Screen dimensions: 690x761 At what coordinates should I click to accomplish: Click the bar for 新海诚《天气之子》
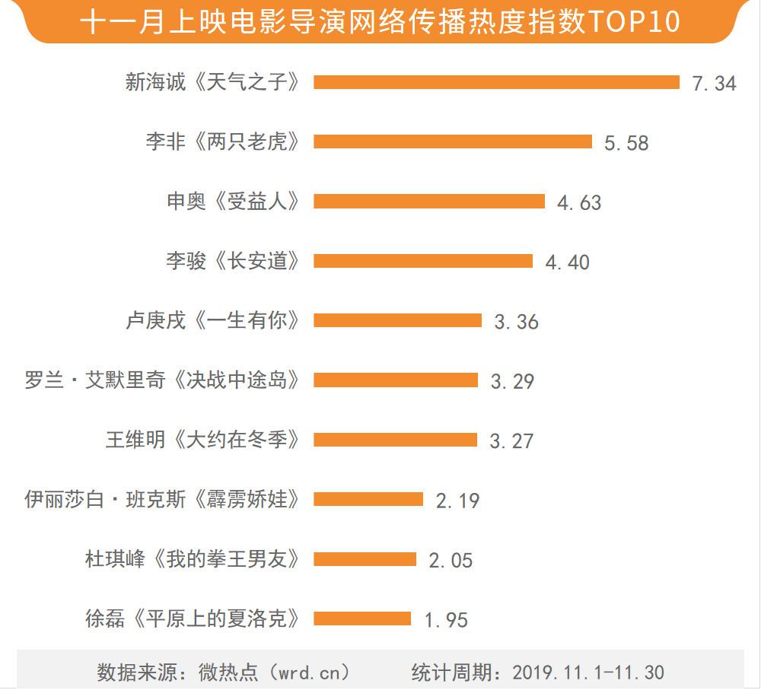click(x=496, y=82)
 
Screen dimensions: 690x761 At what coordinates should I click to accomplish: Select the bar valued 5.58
click(x=453, y=141)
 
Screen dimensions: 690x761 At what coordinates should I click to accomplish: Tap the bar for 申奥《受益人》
click(x=429, y=201)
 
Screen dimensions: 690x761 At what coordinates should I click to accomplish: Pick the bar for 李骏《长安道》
click(x=423, y=261)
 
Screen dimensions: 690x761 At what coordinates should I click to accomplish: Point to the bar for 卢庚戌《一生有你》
click(x=398, y=320)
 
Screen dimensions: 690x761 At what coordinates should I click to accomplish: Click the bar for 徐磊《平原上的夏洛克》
click(x=362, y=618)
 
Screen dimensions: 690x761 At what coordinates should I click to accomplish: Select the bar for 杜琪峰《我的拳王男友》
click(x=365, y=559)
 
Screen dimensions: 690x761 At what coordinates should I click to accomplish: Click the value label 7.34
click(x=714, y=84)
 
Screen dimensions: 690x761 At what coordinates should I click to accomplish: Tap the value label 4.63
click(x=579, y=203)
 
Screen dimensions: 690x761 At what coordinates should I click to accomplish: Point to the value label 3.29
click(x=512, y=381)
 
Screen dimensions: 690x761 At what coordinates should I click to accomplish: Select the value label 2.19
click(x=457, y=501)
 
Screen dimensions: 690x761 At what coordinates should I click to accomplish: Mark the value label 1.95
click(x=446, y=621)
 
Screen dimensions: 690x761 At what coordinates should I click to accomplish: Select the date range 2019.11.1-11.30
click(x=588, y=673)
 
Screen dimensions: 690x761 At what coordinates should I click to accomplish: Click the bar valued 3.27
click(x=396, y=440)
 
